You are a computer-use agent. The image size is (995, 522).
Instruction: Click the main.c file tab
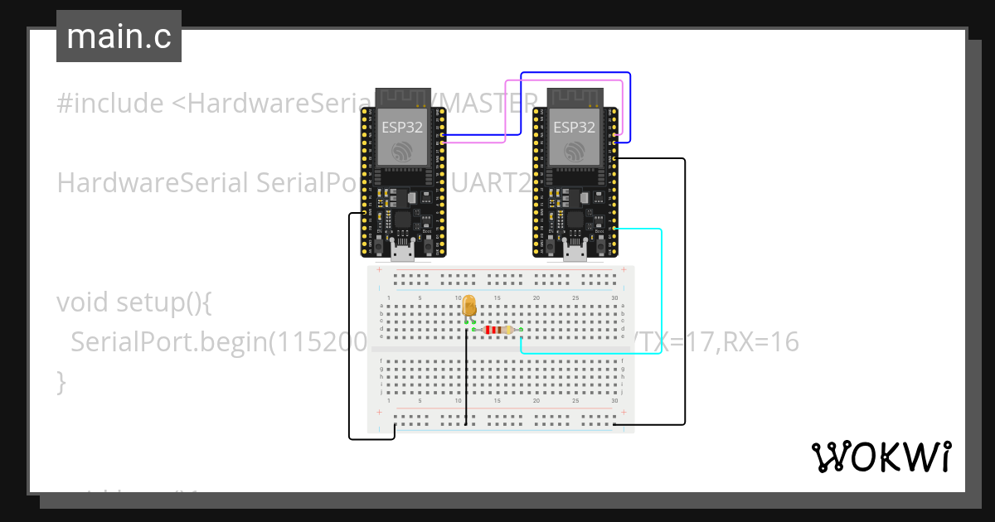(x=119, y=36)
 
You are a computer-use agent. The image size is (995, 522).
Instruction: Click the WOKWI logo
(x=881, y=457)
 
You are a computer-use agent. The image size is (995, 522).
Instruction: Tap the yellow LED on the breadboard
(x=468, y=306)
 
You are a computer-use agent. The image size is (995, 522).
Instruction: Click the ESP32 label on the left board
(x=401, y=128)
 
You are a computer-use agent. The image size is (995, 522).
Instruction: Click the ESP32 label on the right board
(x=574, y=128)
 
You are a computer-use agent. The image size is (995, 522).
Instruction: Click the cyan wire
(x=661, y=290)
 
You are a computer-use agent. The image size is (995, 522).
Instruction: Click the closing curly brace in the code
(x=61, y=382)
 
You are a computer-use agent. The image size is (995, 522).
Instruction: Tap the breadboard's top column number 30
(x=614, y=298)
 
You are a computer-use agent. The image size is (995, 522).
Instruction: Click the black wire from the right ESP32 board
(x=685, y=290)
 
